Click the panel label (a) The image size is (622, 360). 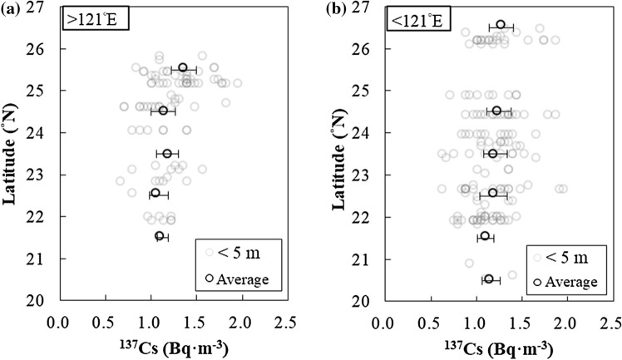pyautogui.click(x=14, y=9)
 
